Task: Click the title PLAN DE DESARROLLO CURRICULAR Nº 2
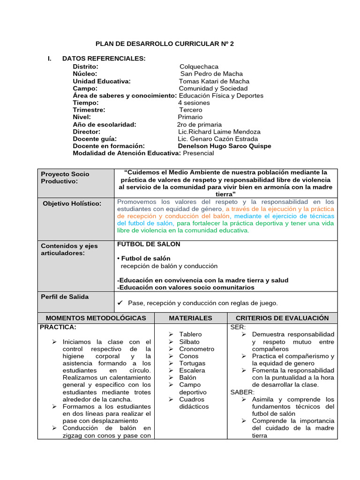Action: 164,44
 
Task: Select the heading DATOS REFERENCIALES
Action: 104,58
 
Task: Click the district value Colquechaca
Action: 199,67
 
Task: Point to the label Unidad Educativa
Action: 102,81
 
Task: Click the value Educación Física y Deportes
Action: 221,96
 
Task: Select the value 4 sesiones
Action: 194,103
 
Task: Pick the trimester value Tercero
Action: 191,110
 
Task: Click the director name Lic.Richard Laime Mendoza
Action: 216,132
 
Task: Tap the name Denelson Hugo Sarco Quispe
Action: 224,146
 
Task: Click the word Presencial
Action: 198,153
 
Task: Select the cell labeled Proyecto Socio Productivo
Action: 65,178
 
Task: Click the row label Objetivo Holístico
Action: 72,203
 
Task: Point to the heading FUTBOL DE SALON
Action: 149,244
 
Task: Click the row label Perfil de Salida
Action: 65,297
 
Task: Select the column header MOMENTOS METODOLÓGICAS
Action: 96,318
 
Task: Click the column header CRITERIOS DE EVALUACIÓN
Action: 282,318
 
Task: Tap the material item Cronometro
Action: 196,349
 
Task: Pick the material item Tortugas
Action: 192,363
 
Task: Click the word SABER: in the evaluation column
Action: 242,392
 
